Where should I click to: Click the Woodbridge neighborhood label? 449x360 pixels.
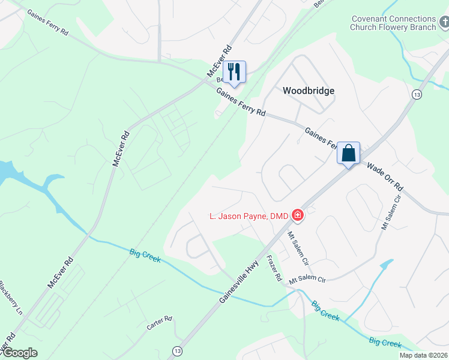[308, 91]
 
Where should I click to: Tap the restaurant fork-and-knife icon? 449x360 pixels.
[234, 72]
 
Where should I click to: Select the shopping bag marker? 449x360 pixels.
[348, 154]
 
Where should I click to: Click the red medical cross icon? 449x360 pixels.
[297, 215]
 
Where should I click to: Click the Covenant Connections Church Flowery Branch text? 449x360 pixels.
[394, 23]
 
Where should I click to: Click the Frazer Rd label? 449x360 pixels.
[274, 268]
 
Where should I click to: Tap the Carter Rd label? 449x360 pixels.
[159, 323]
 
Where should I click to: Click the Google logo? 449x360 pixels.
[19, 353]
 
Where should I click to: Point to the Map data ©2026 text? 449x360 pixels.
[423, 355]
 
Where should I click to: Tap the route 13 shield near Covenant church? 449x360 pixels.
[416, 94]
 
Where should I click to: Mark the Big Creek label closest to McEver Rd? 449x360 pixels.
[145, 256]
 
